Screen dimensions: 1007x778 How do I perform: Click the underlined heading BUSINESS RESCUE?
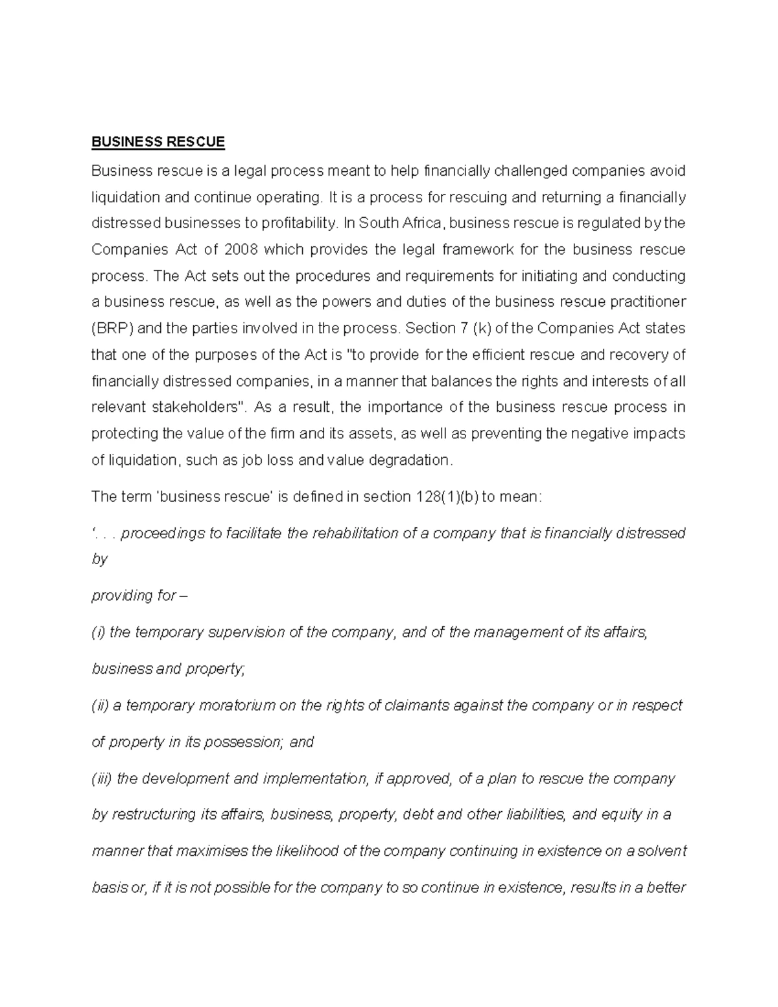coord(158,142)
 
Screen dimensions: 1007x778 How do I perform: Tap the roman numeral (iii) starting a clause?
coord(102,778)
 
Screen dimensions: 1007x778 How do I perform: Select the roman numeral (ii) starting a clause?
coord(100,705)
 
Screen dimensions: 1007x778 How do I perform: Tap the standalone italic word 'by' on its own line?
coord(99,559)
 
